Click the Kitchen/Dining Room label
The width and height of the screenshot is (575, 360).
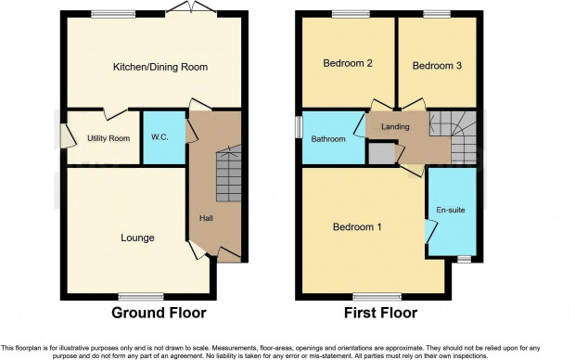click(160, 67)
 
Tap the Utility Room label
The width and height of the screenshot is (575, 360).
click(109, 138)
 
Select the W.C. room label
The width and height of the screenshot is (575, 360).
click(160, 137)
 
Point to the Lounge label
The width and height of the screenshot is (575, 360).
click(137, 238)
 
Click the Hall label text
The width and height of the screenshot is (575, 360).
click(206, 218)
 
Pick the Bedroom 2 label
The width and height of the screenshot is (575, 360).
click(348, 63)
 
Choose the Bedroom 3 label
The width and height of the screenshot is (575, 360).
click(437, 66)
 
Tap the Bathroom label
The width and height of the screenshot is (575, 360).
click(328, 139)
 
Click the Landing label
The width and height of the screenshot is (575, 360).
click(395, 126)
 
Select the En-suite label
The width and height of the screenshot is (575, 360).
click(451, 210)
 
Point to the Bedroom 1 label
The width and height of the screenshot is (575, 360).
click(357, 226)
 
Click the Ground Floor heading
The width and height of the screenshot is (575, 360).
click(159, 313)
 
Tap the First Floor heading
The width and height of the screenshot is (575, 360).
click(380, 313)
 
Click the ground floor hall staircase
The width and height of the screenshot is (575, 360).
click(229, 174)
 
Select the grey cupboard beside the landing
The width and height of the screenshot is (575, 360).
click(382, 154)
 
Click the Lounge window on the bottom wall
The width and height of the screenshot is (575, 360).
click(141, 297)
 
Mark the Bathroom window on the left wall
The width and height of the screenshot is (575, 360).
click(299, 127)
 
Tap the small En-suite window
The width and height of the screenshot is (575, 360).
click(465, 259)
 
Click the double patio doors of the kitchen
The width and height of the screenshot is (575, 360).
click(191, 10)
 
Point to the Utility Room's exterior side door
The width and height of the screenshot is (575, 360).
click(67, 135)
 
